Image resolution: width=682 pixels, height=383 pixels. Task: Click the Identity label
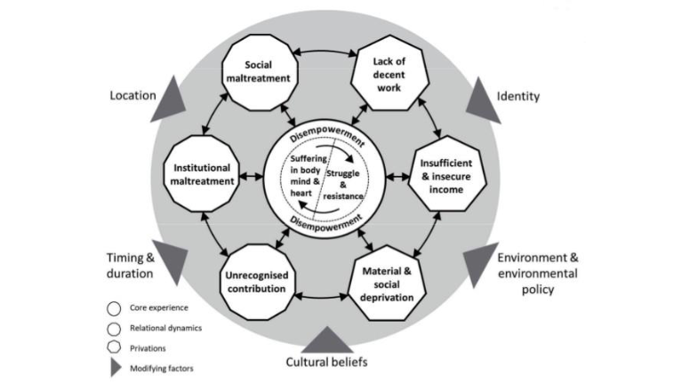click(x=518, y=96)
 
